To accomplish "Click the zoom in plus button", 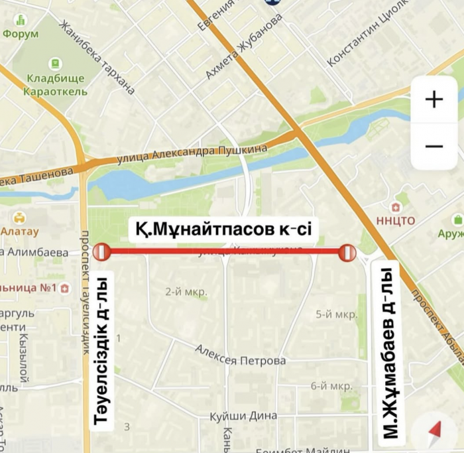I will point(434,99).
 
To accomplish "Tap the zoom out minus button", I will point(434,146).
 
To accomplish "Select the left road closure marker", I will point(101,252).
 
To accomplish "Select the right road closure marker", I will point(347,252).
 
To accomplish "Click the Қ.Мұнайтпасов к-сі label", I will point(218,229).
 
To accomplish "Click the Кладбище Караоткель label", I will point(55,85).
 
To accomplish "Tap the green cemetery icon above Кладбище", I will point(55,64).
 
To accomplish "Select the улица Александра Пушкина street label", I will point(192,154).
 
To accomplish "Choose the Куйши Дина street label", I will point(243,416).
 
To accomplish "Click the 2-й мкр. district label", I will point(186,291).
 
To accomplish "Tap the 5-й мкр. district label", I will point(336,314).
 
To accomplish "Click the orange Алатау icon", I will point(20,218).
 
